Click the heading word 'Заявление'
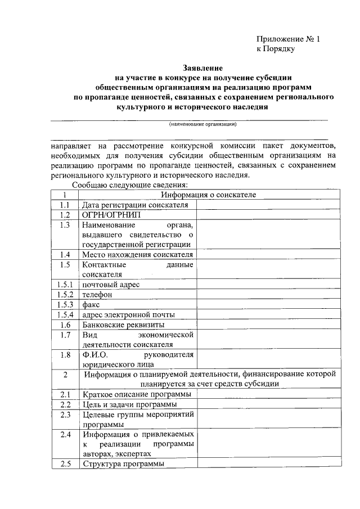[x=204, y=67]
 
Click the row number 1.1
[x=65, y=205]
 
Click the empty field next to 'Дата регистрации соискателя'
[x=268, y=205]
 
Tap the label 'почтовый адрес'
[x=110, y=285]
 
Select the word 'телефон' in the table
[x=97, y=295]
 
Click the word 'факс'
[x=91, y=305]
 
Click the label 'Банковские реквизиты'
[x=123, y=325]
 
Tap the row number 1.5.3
[x=65, y=305]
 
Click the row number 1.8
[x=65, y=355]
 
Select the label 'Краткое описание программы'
[x=136, y=395]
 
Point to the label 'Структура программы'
[x=123, y=465]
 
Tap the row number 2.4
[x=65, y=435]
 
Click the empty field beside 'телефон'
[x=268, y=295]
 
